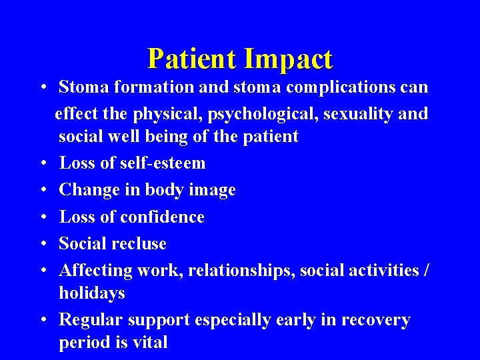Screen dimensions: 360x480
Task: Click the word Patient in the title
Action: click(192, 59)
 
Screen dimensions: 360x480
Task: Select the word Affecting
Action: click(95, 270)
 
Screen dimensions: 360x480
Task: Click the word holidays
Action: click(91, 293)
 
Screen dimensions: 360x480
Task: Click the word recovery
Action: click(375, 320)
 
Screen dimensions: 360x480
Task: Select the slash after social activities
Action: click(426, 270)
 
